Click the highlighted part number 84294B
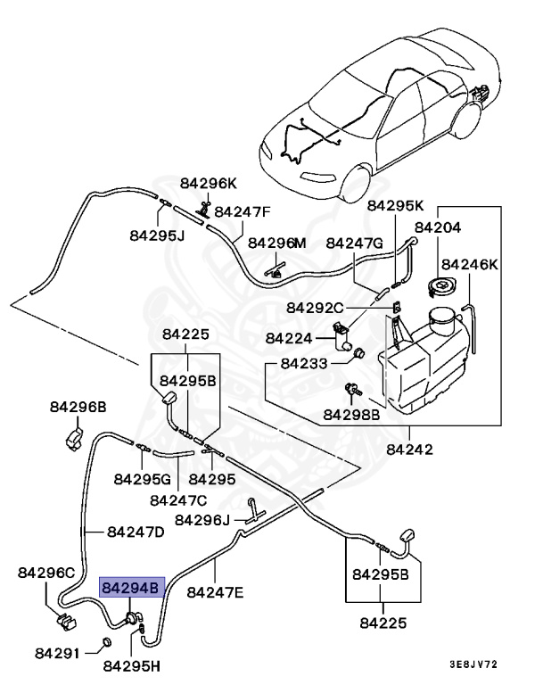click(131, 589)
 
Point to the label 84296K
click(208, 183)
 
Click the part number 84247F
click(242, 212)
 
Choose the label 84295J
click(157, 236)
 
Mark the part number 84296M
click(276, 243)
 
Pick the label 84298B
click(351, 415)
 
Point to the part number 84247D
click(136, 532)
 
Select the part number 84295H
click(132, 664)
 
